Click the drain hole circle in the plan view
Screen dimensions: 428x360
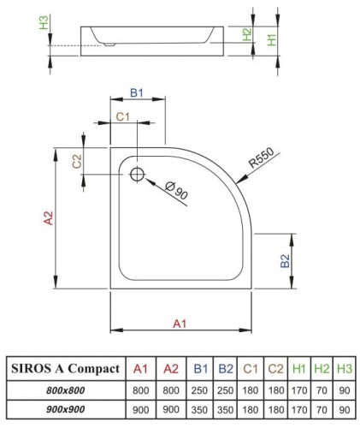(137, 175)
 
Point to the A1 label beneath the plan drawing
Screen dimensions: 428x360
(179, 324)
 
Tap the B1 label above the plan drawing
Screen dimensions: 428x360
(136, 92)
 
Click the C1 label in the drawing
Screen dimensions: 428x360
(122, 116)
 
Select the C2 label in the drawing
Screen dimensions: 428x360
(78, 160)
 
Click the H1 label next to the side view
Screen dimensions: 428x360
(271, 39)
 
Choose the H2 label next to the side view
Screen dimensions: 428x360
(247, 34)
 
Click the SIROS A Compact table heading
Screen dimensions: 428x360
(63, 369)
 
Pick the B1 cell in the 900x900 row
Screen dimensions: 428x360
(201, 408)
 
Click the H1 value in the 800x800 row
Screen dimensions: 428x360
(298, 389)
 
